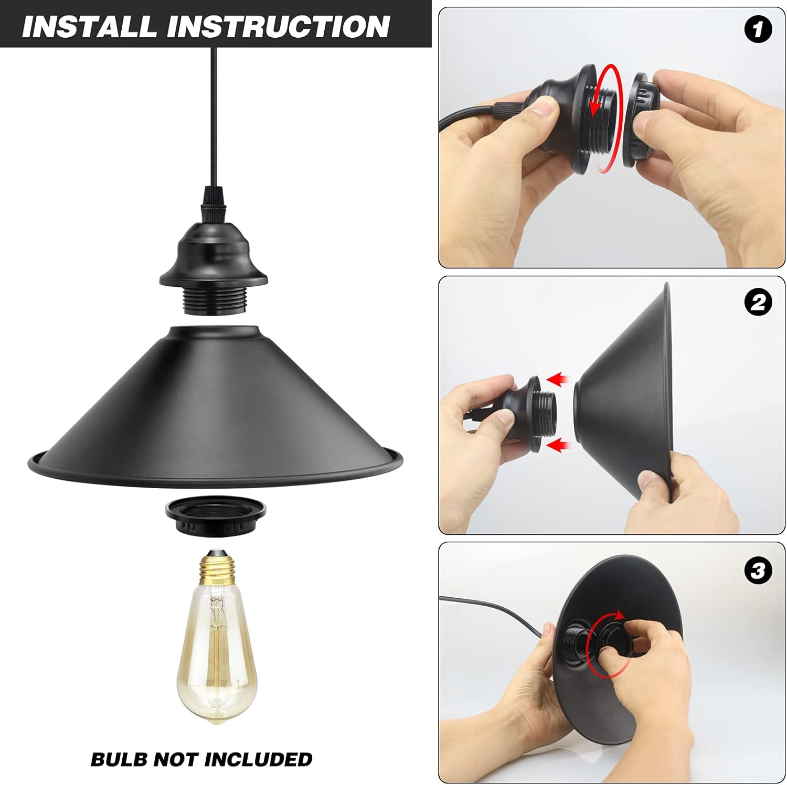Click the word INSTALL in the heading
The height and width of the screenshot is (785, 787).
pyautogui.click(x=89, y=27)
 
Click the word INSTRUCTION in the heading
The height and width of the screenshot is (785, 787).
pyautogui.click(x=279, y=27)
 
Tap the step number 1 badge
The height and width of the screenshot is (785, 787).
pyautogui.click(x=758, y=29)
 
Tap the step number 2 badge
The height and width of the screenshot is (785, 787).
pyautogui.click(x=758, y=303)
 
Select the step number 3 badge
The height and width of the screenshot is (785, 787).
pyautogui.click(x=758, y=570)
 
